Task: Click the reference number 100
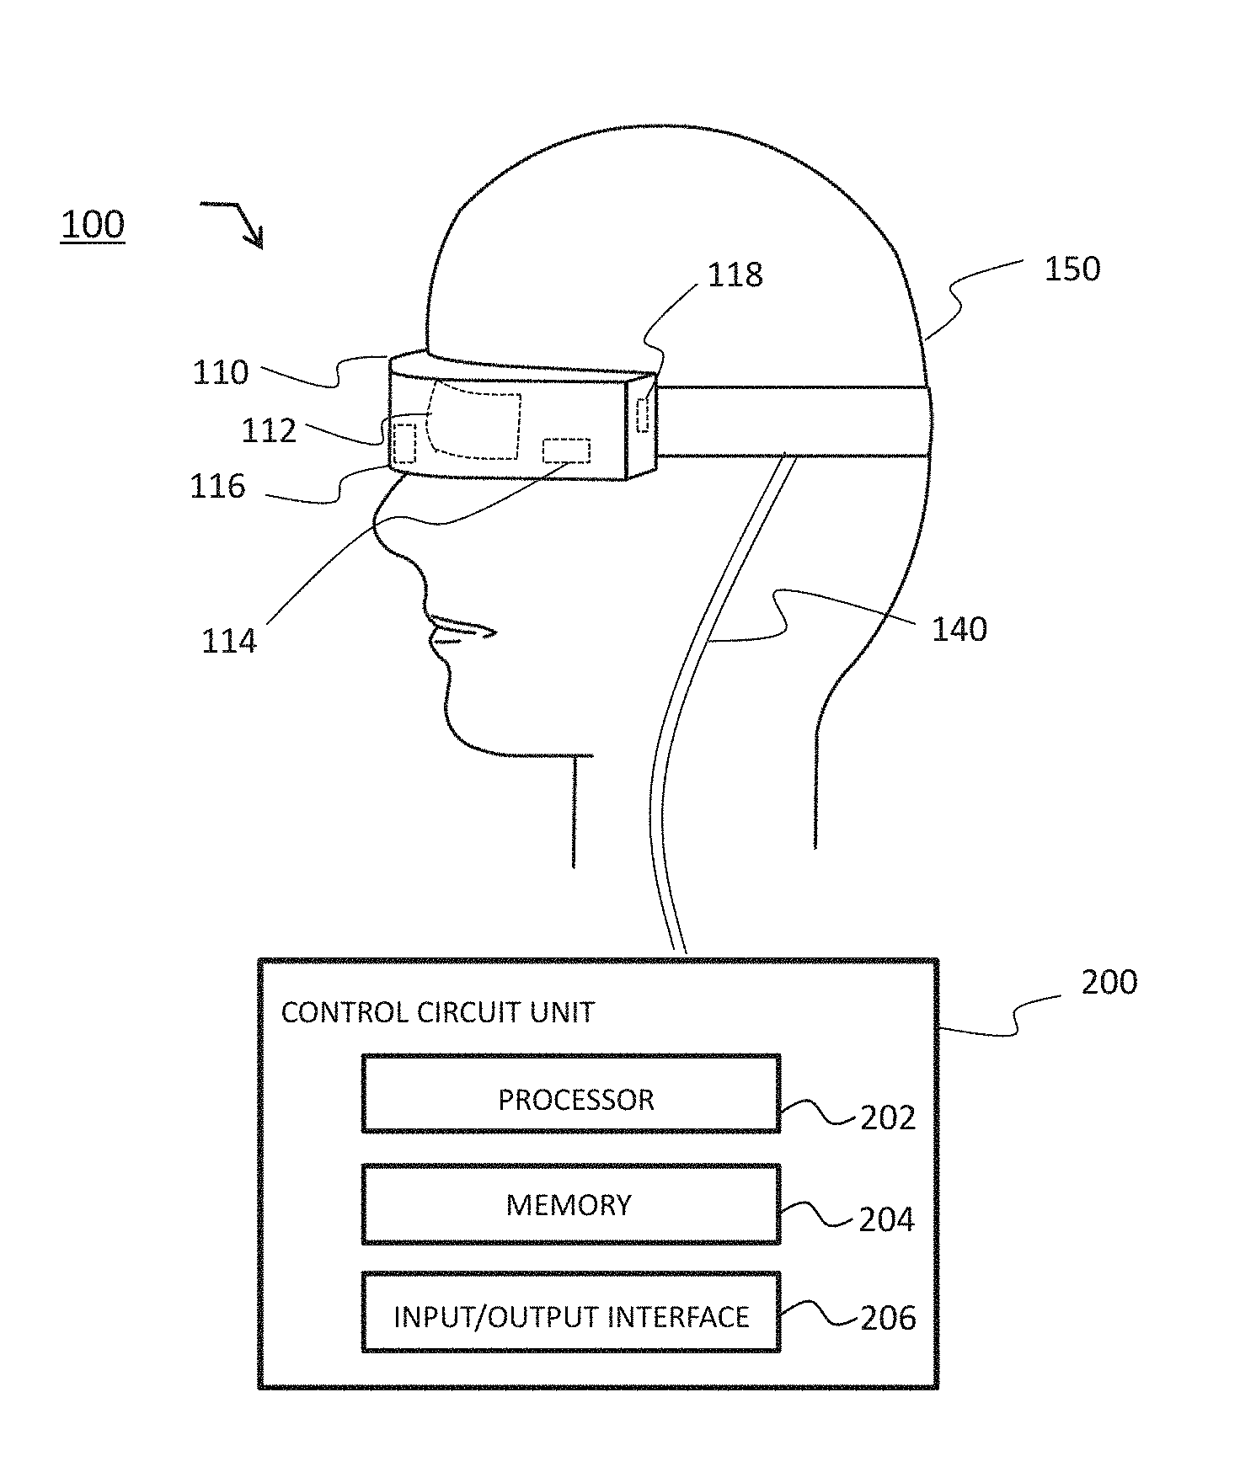click(93, 225)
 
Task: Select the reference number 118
click(735, 275)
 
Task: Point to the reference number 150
click(1072, 269)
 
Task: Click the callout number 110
click(221, 372)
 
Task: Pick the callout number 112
click(269, 431)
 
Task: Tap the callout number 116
click(217, 487)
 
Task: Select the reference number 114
click(228, 642)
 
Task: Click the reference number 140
click(959, 629)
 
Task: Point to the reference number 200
click(1109, 982)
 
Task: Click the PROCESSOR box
click(571, 1093)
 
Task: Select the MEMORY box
click(571, 1204)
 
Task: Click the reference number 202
click(887, 1118)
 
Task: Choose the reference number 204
click(886, 1219)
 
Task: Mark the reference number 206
click(887, 1319)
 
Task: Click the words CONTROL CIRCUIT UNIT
click(437, 1012)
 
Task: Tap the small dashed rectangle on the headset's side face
click(644, 415)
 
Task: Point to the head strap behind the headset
click(792, 421)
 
